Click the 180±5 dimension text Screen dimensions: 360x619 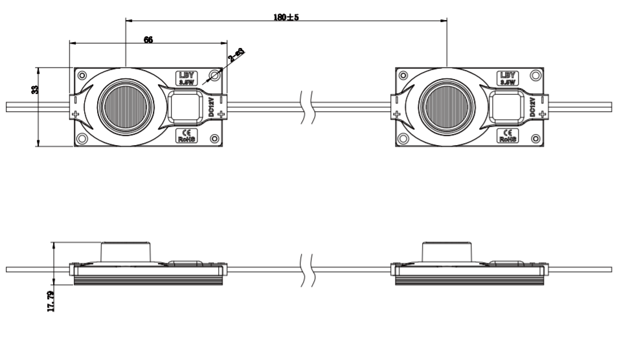pos(286,17)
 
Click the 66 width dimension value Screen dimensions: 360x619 pos(148,39)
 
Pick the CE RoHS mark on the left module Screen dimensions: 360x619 pos(187,135)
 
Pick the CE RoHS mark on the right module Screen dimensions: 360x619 pos(508,135)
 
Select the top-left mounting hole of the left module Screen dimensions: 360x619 pos(82,76)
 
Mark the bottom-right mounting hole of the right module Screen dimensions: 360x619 pos(535,139)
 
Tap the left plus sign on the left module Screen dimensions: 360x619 pos(76,115)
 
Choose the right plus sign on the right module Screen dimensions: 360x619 pos(542,115)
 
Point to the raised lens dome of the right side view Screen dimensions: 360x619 pos(446,251)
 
